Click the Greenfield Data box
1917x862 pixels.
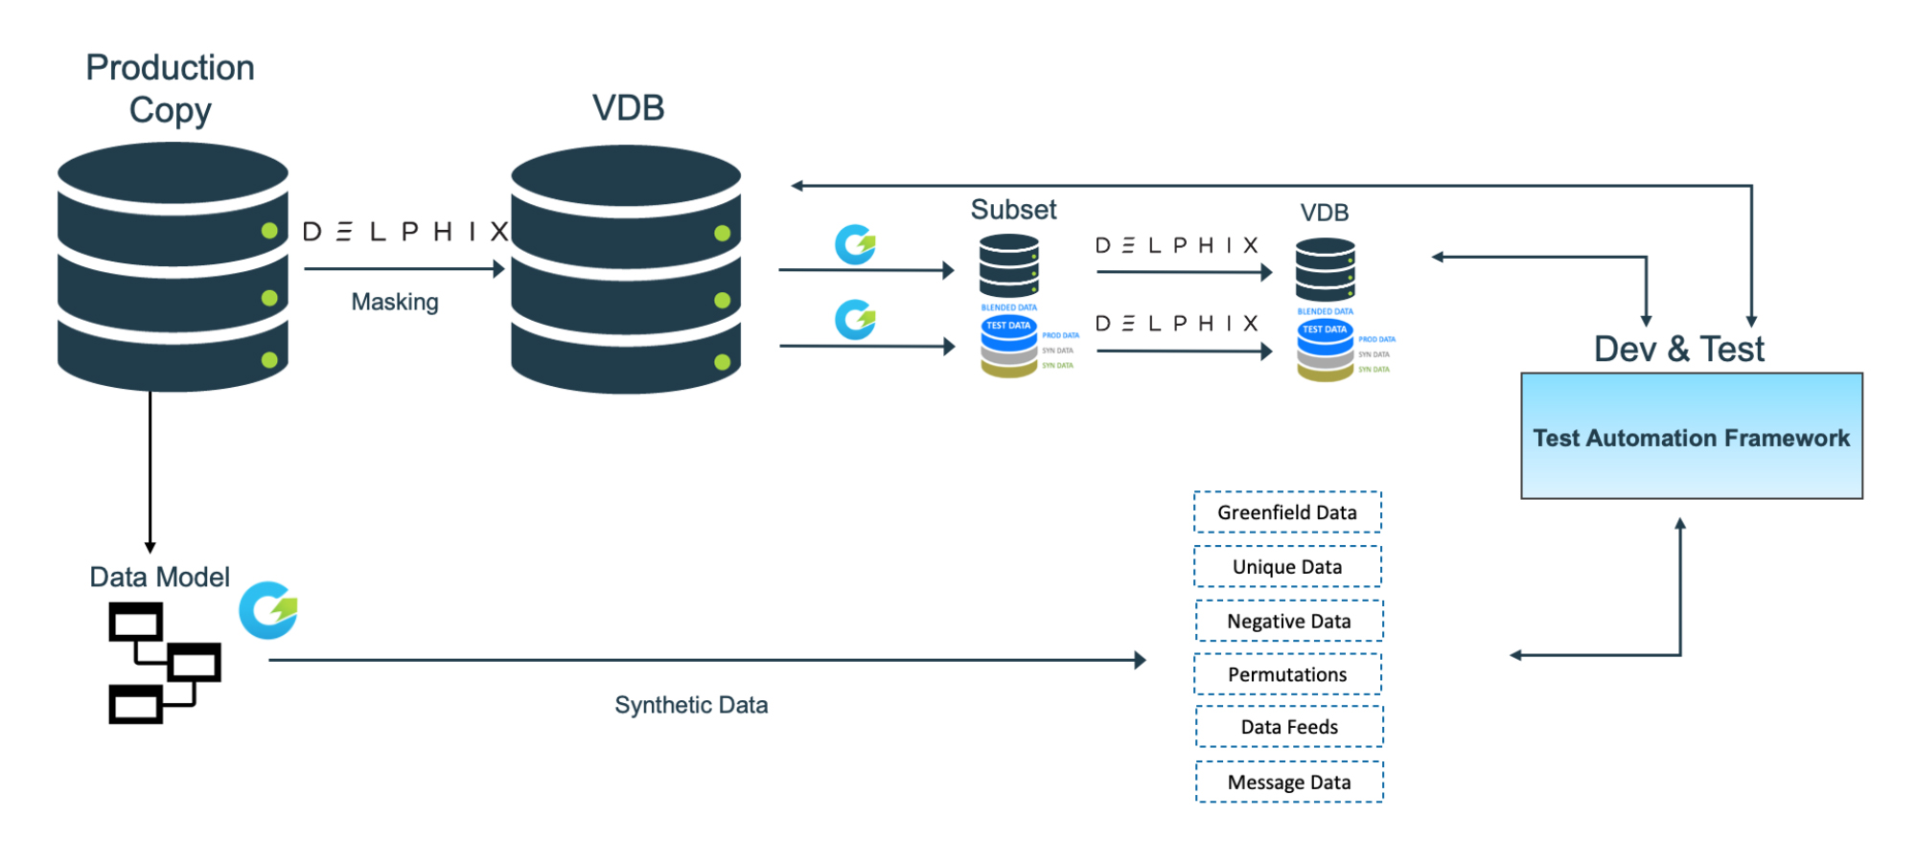click(x=1287, y=512)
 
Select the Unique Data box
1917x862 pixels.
click(x=1287, y=567)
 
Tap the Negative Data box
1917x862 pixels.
click(x=1289, y=622)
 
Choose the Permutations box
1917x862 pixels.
click(x=1287, y=675)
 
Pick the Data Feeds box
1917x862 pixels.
click(x=1289, y=727)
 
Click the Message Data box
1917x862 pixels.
click(x=1289, y=783)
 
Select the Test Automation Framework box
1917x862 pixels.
click(x=1692, y=437)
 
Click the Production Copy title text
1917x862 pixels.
click(x=171, y=88)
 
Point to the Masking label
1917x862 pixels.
click(x=395, y=302)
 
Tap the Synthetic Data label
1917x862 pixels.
click(x=691, y=705)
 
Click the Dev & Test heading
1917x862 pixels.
click(x=1678, y=349)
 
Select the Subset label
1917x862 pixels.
click(x=1013, y=210)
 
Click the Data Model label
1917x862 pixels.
click(x=159, y=577)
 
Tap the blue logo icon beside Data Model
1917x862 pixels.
click(x=268, y=610)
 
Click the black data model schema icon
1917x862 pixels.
click(x=164, y=663)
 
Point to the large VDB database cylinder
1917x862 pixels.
click(x=626, y=270)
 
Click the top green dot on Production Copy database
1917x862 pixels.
click(x=269, y=231)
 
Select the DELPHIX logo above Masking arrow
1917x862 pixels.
click(x=404, y=232)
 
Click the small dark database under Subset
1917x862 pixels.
click(x=1009, y=266)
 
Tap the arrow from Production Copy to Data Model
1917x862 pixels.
click(x=150, y=469)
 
